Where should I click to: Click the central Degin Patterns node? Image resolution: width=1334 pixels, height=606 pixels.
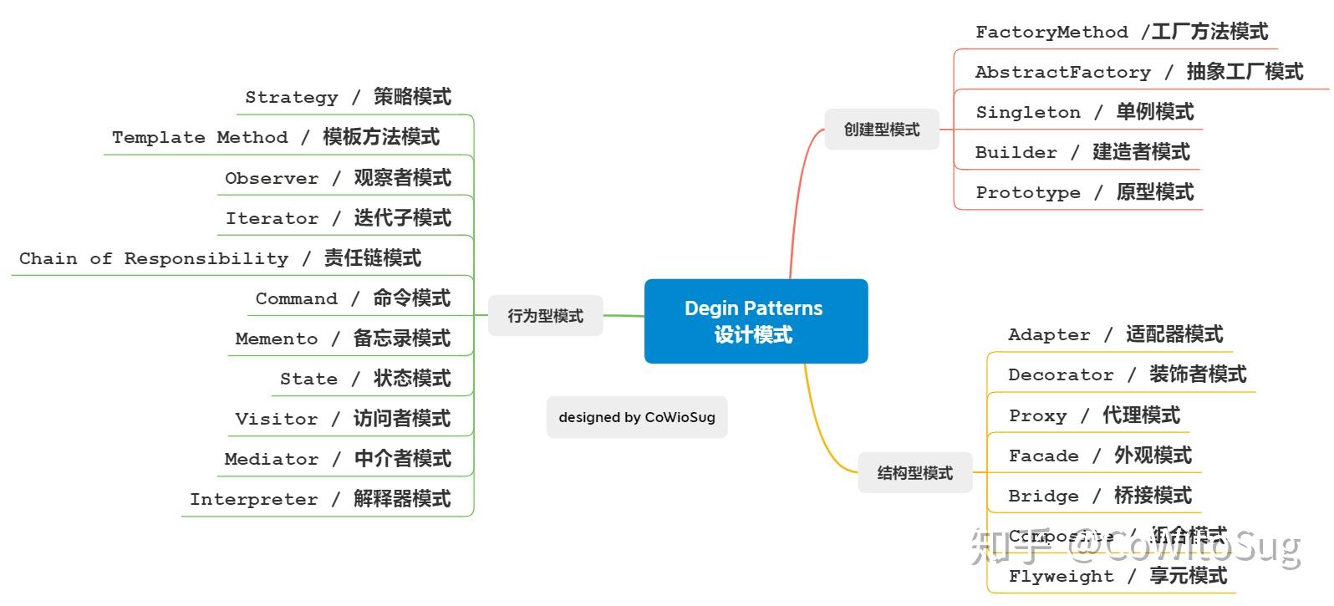tap(756, 321)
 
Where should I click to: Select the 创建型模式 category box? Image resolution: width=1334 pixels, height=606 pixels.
tap(881, 130)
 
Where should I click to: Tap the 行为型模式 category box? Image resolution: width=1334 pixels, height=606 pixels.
tap(545, 316)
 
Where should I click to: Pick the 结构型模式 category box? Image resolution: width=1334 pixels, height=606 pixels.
tap(914, 473)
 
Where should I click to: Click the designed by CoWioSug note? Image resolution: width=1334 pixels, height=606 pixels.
tap(637, 417)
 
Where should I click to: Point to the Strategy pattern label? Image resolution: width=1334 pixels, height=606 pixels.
tap(348, 97)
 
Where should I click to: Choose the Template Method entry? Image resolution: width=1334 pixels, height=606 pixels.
tap(275, 137)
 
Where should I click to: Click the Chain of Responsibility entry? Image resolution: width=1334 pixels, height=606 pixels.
tap(220, 258)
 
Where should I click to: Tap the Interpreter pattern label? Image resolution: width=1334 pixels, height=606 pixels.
tap(320, 499)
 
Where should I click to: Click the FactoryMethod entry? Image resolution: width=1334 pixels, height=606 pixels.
tap(1121, 32)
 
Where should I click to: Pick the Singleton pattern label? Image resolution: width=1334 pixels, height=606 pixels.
tap(1084, 112)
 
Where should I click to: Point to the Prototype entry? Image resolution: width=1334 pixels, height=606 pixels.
tap(1084, 192)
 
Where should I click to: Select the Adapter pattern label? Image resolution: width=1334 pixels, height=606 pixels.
tap(1115, 334)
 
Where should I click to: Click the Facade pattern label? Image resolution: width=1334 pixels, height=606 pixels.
tap(1099, 456)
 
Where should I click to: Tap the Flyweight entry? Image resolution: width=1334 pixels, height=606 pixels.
tap(1117, 576)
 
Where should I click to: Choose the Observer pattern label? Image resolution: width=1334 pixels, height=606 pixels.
tap(338, 178)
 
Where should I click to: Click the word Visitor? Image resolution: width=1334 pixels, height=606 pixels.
tap(277, 419)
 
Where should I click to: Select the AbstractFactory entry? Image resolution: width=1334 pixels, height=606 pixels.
tap(1138, 72)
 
